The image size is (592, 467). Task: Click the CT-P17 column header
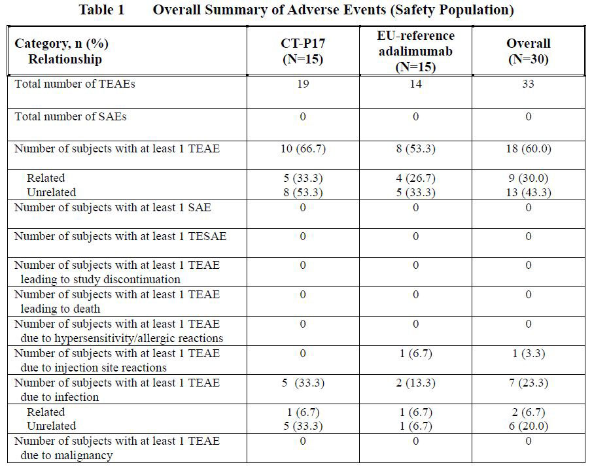tap(302, 51)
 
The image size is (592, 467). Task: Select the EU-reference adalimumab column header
tap(415, 51)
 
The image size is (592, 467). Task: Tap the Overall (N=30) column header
tap(528, 51)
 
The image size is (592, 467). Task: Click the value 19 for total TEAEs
tap(302, 84)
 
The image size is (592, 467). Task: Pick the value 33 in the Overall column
tap(528, 84)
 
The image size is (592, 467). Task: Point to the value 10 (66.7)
tap(302, 148)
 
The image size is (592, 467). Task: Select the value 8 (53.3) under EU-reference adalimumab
tap(415, 148)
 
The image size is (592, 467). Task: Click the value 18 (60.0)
tap(528, 148)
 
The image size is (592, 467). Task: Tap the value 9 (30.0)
tap(528, 178)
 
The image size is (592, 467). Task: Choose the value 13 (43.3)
tap(528, 192)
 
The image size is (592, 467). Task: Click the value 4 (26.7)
tap(415, 178)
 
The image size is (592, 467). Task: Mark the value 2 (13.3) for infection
tap(415, 383)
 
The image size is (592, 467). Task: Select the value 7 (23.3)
tap(528, 383)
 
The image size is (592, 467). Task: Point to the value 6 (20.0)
tap(528, 426)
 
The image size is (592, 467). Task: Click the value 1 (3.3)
tap(528, 354)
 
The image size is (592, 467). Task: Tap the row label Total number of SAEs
tap(71, 116)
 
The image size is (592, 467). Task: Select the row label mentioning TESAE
tap(120, 236)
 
